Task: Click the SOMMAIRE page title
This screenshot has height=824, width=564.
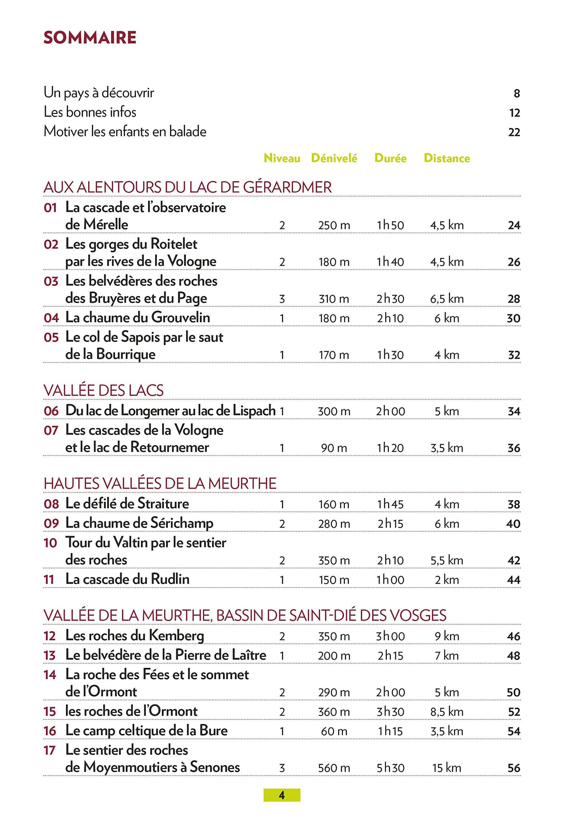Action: click(x=90, y=38)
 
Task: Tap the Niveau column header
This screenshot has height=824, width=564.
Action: click(x=282, y=158)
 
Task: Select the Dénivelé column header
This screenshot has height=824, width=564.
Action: click(x=334, y=158)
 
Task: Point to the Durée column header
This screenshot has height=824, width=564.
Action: click(x=390, y=158)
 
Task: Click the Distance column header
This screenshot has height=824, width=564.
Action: click(x=447, y=158)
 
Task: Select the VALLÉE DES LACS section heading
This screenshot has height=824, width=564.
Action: click(x=104, y=391)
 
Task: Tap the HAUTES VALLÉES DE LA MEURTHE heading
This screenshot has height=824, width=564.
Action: click(x=160, y=484)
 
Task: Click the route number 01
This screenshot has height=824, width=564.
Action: click(x=50, y=208)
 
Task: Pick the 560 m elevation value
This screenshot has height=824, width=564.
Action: click(x=334, y=768)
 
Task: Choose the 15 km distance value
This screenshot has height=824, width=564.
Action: click(x=447, y=768)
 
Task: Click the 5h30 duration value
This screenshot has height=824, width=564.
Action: click(x=390, y=768)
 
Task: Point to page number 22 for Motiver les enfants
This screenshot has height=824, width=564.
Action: click(x=514, y=132)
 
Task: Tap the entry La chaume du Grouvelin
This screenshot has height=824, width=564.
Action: click(x=137, y=317)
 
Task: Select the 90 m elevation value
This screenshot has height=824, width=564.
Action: click(x=334, y=448)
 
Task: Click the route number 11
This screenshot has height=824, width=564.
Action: click(x=49, y=580)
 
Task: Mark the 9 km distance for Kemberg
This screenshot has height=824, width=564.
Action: click(x=447, y=636)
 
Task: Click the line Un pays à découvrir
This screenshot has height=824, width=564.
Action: click(x=99, y=93)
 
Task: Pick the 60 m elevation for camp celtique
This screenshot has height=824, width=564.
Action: click(x=334, y=731)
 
